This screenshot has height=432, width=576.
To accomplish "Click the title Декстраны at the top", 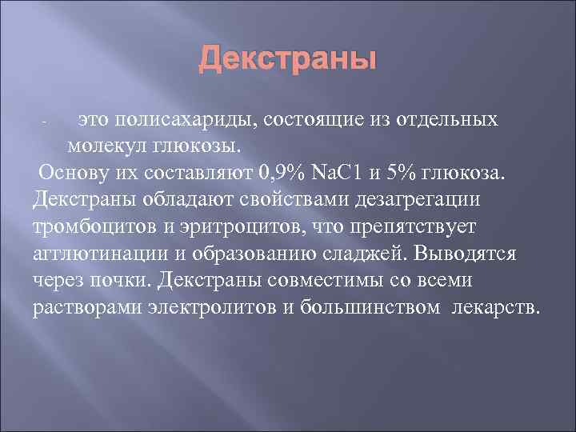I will [287, 60].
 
